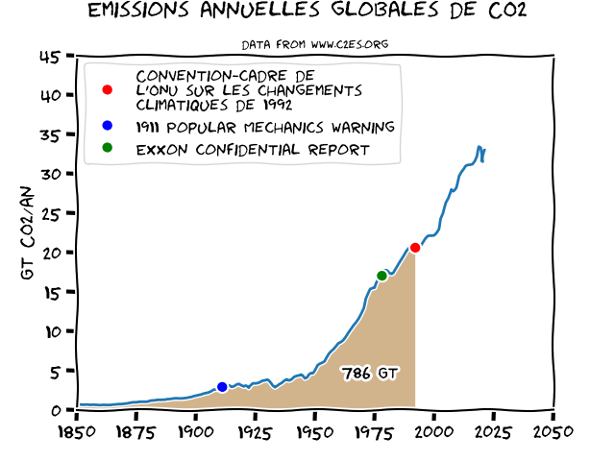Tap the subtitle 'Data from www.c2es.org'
314,44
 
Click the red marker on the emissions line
415,248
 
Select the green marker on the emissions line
382,276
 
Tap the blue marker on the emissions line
222,387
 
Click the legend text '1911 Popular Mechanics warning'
265,127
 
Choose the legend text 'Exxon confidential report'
253,150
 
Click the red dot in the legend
108,90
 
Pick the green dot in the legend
108,148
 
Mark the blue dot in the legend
108,126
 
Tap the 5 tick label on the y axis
56,371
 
